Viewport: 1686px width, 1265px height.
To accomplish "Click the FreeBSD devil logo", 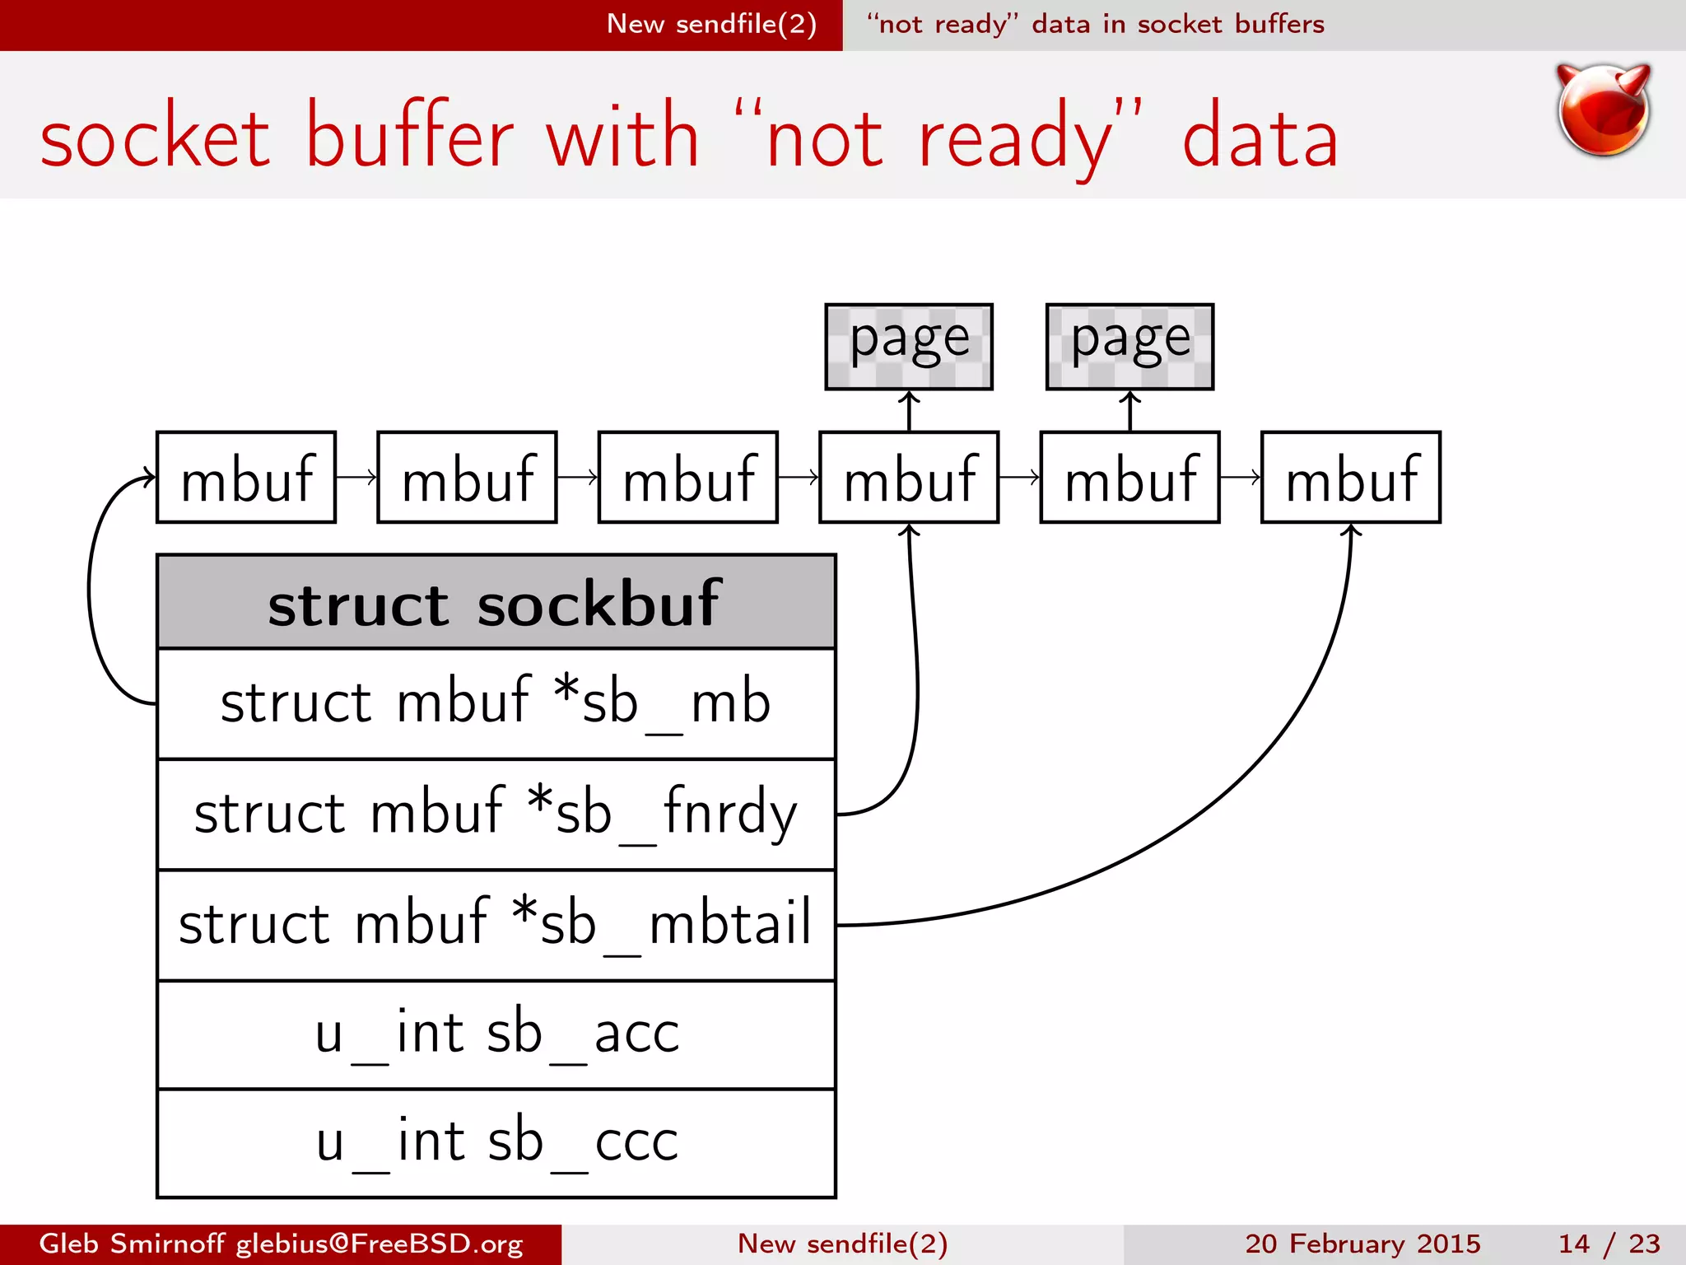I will tap(1603, 110).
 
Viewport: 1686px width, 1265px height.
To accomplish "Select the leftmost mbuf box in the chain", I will tap(246, 478).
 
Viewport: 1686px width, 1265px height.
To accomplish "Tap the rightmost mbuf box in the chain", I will tap(1351, 478).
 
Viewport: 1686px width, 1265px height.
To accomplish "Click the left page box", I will tap(909, 347).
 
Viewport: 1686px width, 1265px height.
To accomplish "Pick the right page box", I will tap(1129, 347).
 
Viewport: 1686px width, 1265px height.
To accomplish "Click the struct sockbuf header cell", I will tap(496, 603).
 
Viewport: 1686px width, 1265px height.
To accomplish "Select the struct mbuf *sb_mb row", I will tap(496, 703).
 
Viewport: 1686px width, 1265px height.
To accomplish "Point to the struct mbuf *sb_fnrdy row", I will tap(496, 814).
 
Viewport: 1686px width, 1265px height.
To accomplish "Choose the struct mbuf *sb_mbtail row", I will tap(496, 924).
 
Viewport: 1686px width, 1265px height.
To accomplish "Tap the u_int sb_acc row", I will tap(496, 1034).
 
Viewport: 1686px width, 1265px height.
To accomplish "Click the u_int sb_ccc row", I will tap(496, 1143).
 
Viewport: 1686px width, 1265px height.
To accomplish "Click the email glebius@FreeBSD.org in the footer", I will tap(380, 1244).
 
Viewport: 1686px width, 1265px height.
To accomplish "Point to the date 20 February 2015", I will tap(1362, 1244).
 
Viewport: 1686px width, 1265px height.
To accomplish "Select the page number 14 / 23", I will tap(1609, 1244).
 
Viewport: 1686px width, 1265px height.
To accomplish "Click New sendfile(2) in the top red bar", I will tap(711, 24).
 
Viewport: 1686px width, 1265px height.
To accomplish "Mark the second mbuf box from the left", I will tap(467, 478).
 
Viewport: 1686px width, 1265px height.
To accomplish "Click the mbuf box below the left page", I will tap(909, 478).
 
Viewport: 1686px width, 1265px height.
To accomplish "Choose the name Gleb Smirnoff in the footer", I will tap(132, 1244).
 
